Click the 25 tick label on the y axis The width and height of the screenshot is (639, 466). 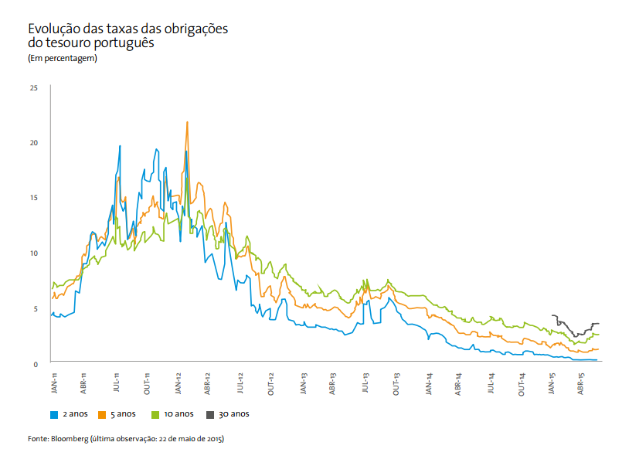coord(33,87)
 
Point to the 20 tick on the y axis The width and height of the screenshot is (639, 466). coord(33,143)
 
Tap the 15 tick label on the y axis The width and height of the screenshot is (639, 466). coord(33,198)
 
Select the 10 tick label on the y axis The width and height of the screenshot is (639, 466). coord(33,253)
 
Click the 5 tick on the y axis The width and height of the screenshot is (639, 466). coord(36,308)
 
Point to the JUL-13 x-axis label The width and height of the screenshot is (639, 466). coord(365,383)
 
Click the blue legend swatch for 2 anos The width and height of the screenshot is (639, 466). coord(54,414)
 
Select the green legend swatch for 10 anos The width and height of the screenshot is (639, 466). coord(155,414)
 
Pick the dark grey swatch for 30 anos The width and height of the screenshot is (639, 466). coord(210,414)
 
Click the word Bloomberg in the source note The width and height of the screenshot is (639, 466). coord(69,439)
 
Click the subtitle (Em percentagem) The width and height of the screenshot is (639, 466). coord(62,59)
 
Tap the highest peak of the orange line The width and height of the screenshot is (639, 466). coord(187,122)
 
